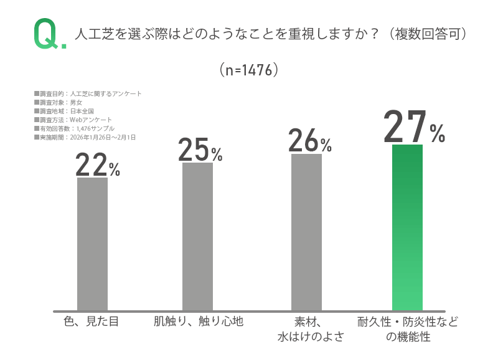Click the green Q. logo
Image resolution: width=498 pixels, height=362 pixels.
pyautogui.click(x=49, y=34)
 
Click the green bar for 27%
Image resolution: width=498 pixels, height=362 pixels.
pyautogui.click(x=407, y=227)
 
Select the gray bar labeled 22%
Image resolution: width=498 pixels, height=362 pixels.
pyautogui.click(x=92, y=244)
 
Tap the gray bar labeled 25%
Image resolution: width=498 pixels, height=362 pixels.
pyautogui.click(x=197, y=236)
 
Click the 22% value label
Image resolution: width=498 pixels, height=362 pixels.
pyautogui.click(x=97, y=165)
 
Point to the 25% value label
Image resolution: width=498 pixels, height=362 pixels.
pyautogui.click(x=200, y=150)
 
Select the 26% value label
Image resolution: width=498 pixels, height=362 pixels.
pyautogui.click(x=309, y=141)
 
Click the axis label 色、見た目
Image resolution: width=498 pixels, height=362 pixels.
pyautogui.click(x=91, y=322)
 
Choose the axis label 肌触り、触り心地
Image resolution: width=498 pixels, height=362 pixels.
pyautogui.click(x=198, y=322)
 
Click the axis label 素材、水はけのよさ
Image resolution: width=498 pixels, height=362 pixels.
pyautogui.click(x=307, y=330)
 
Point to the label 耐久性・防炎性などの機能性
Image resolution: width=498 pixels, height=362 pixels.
pyautogui.click(x=408, y=330)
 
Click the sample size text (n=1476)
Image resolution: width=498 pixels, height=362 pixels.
pyautogui.click(x=249, y=70)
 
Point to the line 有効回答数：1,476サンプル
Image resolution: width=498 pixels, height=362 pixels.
pyautogui.click(x=74, y=128)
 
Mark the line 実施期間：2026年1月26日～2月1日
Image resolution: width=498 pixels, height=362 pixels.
pyautogui.click(x=85, y=137)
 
